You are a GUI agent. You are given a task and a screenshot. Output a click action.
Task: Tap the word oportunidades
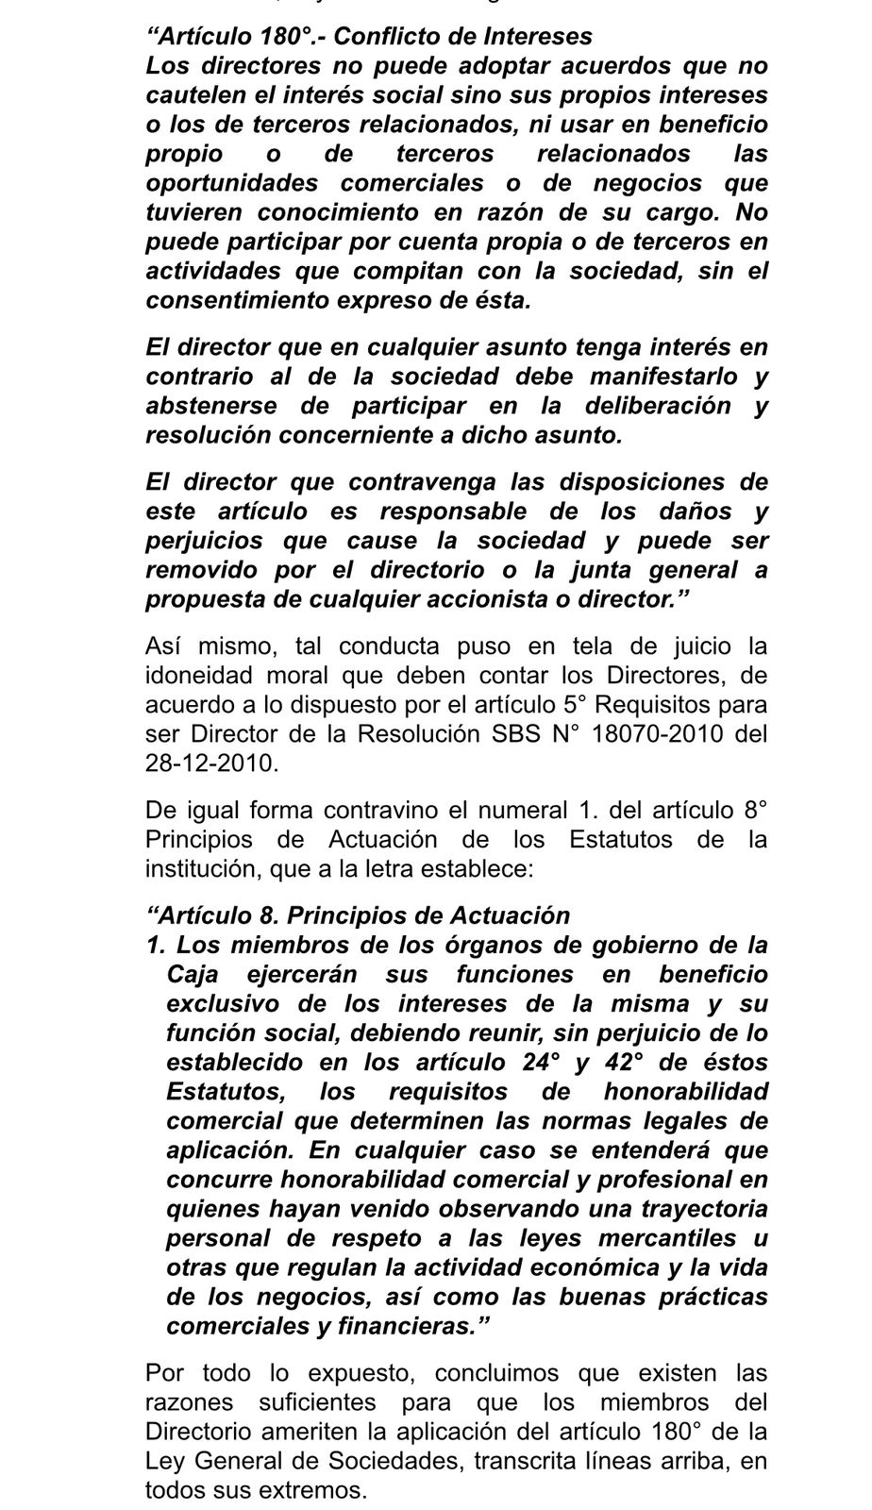[x=230, y=182]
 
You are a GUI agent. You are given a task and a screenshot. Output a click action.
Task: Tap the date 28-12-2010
[x=211, y=763]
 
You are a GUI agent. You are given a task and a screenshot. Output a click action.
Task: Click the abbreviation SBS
[x=515, y=734]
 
